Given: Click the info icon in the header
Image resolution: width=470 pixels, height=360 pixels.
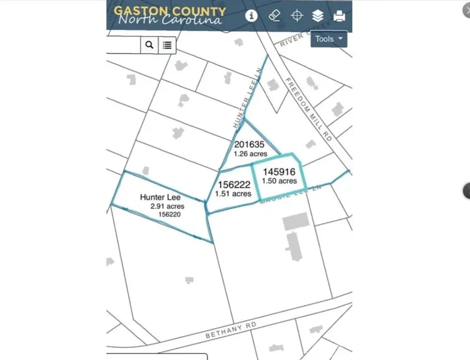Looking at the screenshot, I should click(252, 16).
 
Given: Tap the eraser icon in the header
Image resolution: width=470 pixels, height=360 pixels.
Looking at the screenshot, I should click(275, 16).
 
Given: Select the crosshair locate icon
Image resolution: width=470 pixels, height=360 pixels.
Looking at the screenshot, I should click(297, 16).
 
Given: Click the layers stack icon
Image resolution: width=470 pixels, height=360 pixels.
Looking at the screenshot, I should click(318, 16).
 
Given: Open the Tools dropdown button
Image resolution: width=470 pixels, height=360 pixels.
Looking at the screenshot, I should click(329, 39).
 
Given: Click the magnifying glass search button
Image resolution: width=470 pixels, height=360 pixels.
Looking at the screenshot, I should click(149, 45).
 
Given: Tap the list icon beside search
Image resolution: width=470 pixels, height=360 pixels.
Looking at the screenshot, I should click(167, 45).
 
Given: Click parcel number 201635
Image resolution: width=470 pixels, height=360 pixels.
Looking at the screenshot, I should click(249, 145).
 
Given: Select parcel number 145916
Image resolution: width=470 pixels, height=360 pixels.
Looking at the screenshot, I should click(279, 172).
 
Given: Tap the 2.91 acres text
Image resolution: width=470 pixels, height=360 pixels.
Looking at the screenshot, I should click(167, 206).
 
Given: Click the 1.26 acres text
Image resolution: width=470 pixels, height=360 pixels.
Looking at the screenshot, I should click(251, 154).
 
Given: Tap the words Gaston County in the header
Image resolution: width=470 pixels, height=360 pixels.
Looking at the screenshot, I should click(170, 11).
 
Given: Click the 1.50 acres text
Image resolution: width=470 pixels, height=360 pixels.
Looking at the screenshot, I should click(279, 181).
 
